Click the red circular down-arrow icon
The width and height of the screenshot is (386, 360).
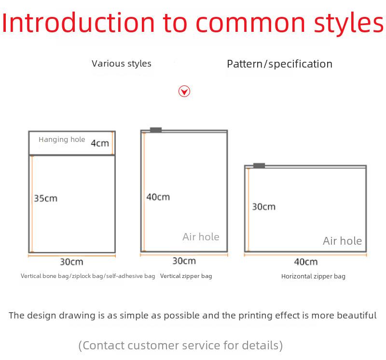184,91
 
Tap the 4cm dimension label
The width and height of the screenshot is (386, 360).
100,143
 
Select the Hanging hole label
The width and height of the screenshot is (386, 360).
62,139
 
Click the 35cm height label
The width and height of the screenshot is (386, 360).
45,198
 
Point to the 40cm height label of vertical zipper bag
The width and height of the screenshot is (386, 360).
158,197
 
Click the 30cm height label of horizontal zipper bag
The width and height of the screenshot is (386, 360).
263,207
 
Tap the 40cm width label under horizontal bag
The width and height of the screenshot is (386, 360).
306,262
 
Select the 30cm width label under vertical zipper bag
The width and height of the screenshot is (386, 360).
184,261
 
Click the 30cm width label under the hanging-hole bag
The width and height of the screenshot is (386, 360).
71,262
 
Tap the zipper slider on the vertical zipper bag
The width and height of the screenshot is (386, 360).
156,130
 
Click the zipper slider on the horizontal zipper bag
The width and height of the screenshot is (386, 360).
259,166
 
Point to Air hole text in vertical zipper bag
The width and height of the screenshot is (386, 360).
201,237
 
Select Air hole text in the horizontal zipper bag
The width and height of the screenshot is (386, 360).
343,241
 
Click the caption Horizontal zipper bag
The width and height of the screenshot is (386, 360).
313,277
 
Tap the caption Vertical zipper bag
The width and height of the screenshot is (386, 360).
186,276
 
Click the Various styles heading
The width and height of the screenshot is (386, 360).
122,64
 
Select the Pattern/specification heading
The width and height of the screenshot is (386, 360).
280,64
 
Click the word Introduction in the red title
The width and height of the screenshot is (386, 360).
78,23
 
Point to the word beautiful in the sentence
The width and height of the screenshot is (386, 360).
357,315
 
